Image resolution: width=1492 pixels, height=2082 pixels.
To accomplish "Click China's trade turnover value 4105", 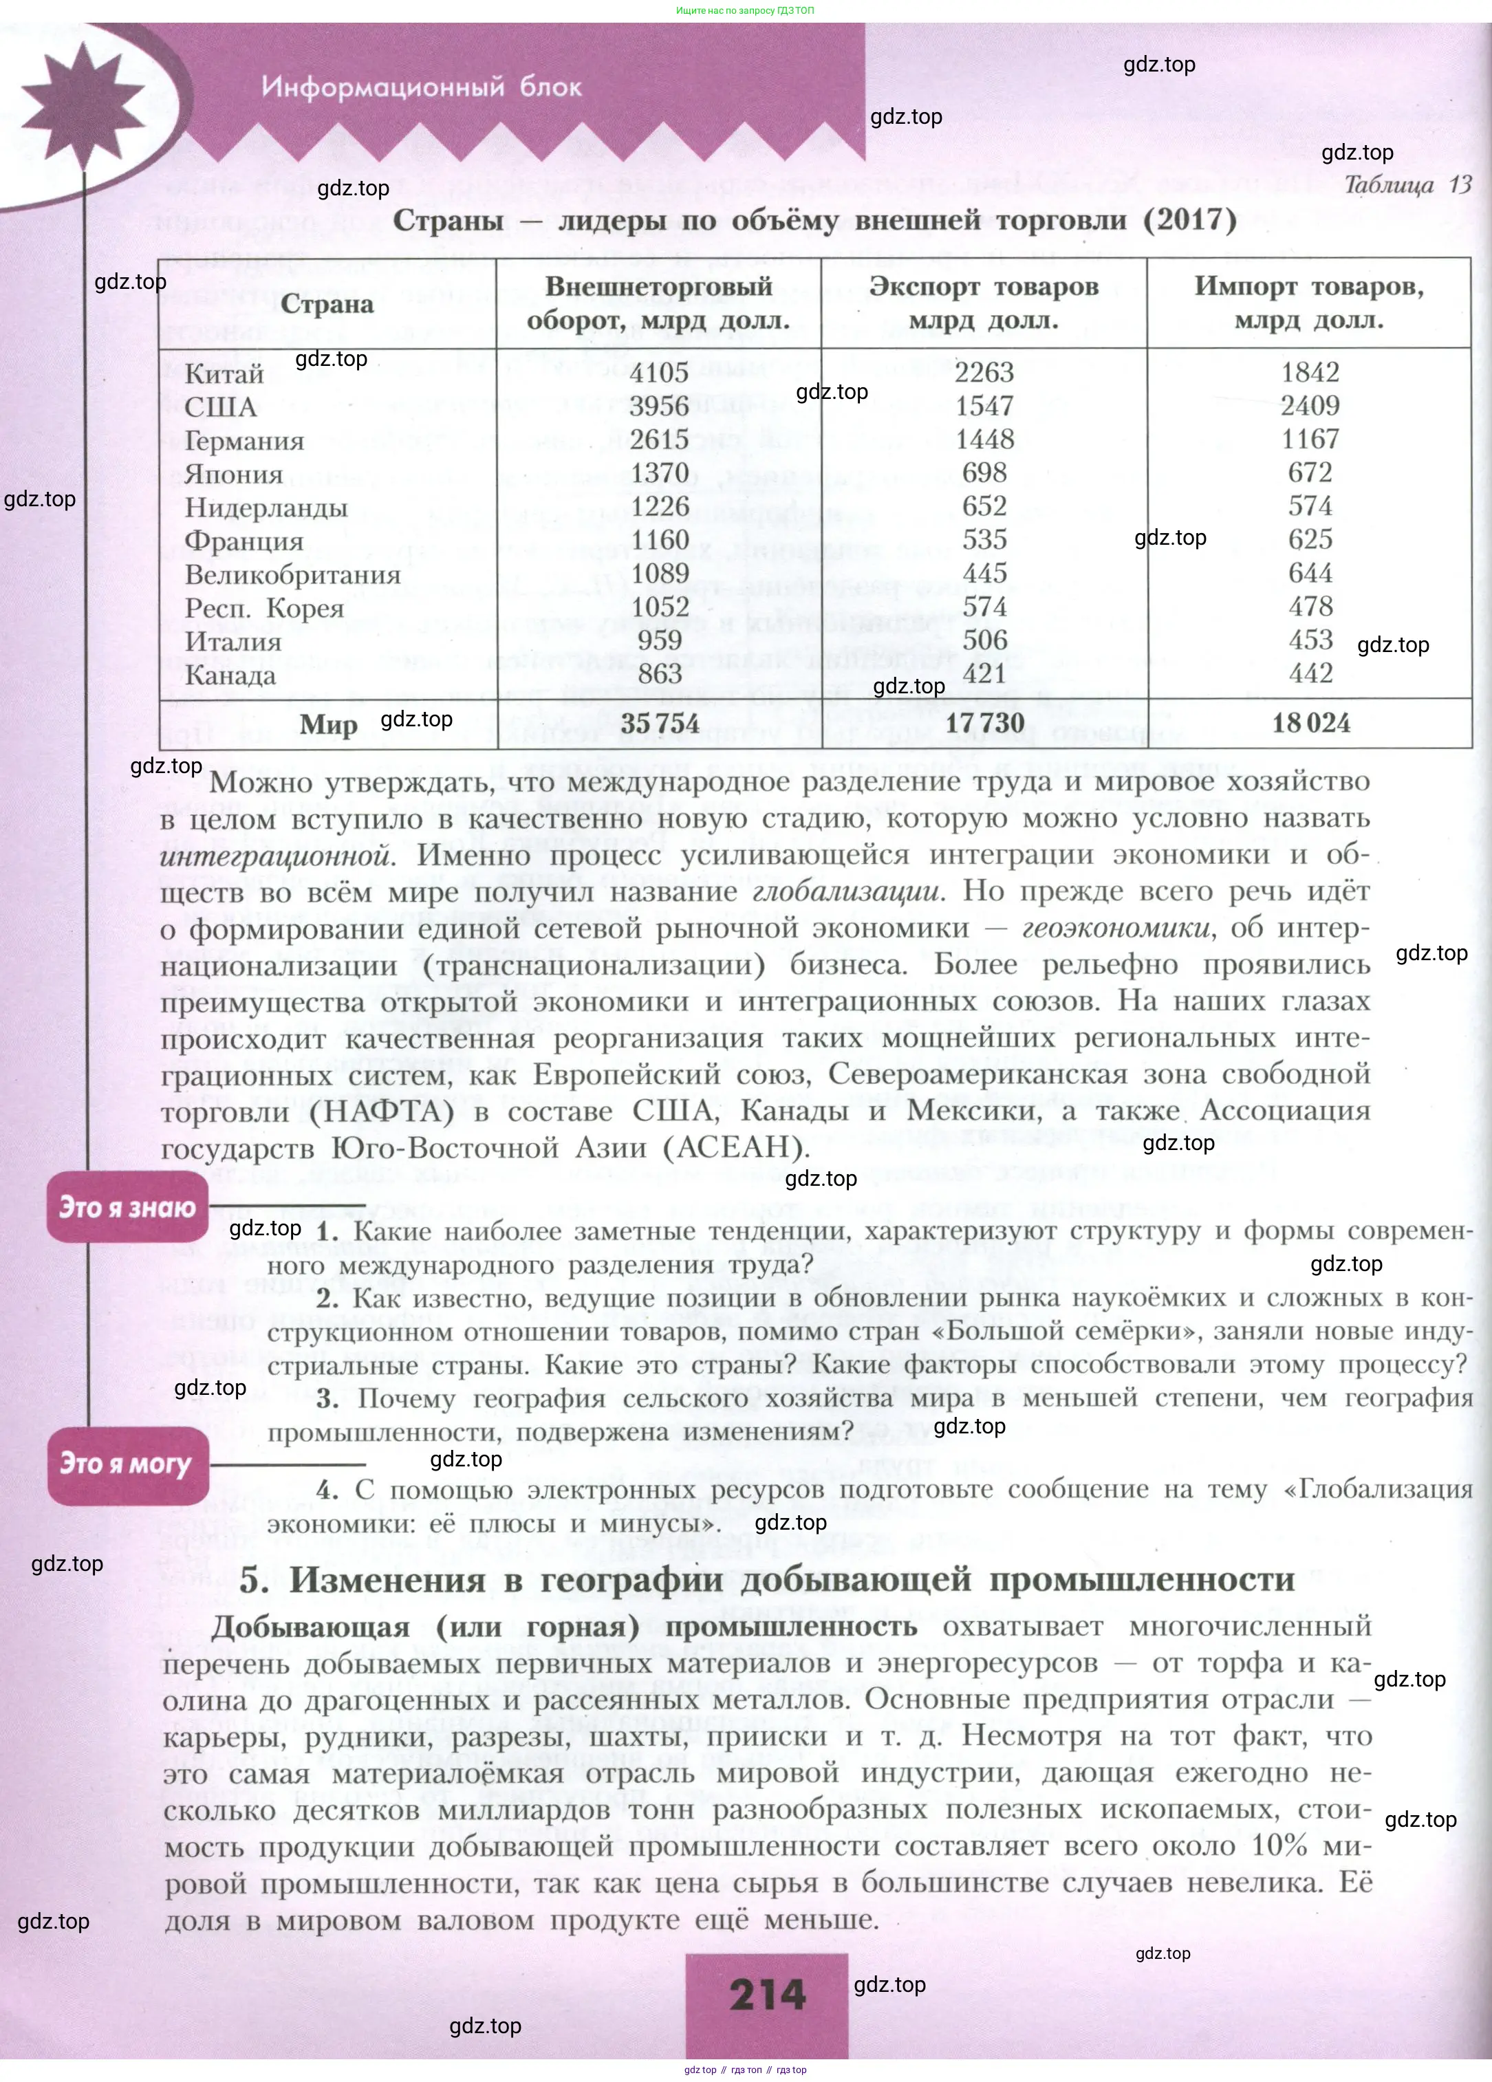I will (658, 373).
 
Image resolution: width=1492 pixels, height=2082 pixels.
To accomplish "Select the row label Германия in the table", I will (244, 442).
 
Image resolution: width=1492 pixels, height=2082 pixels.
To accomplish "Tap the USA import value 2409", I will (1310, 406).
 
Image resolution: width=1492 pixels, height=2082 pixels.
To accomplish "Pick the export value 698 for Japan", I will (984, 473).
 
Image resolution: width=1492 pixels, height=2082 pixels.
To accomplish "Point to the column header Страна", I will (327, 305).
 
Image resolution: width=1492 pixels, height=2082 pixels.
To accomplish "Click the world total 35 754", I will (659, 724).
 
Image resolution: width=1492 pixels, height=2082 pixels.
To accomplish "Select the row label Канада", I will (230, 675).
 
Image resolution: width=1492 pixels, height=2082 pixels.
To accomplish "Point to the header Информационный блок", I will (422, 87).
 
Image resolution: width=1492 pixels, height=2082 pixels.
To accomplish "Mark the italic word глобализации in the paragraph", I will (847, 891).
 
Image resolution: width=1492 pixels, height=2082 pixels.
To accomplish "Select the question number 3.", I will (328, 1400).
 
